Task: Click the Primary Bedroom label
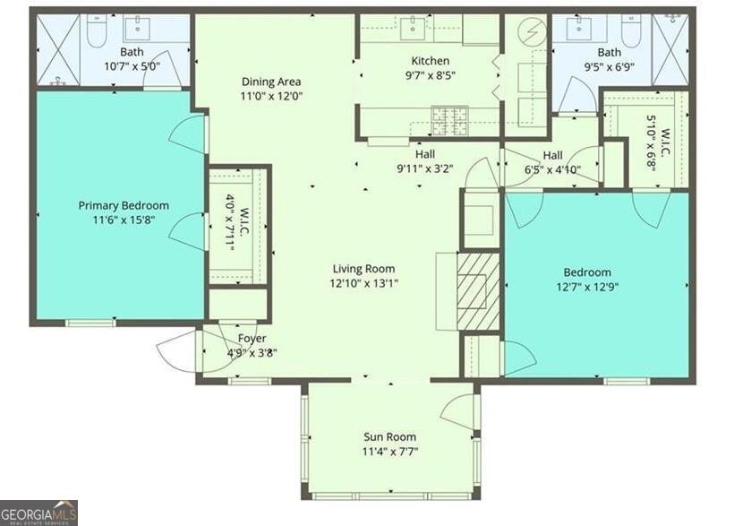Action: tap(123, 205)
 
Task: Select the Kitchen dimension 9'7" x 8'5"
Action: tap(430, 74)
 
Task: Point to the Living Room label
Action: tap(363, 269)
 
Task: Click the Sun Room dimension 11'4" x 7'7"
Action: tap(389, 451)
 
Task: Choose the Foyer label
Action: tap(251, 338)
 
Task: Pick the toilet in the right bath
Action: tap(630, 31)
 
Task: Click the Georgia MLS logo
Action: tap(38, 513)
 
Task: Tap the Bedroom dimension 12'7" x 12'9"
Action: tap(587, 286)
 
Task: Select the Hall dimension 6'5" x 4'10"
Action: tap(552, 168)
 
